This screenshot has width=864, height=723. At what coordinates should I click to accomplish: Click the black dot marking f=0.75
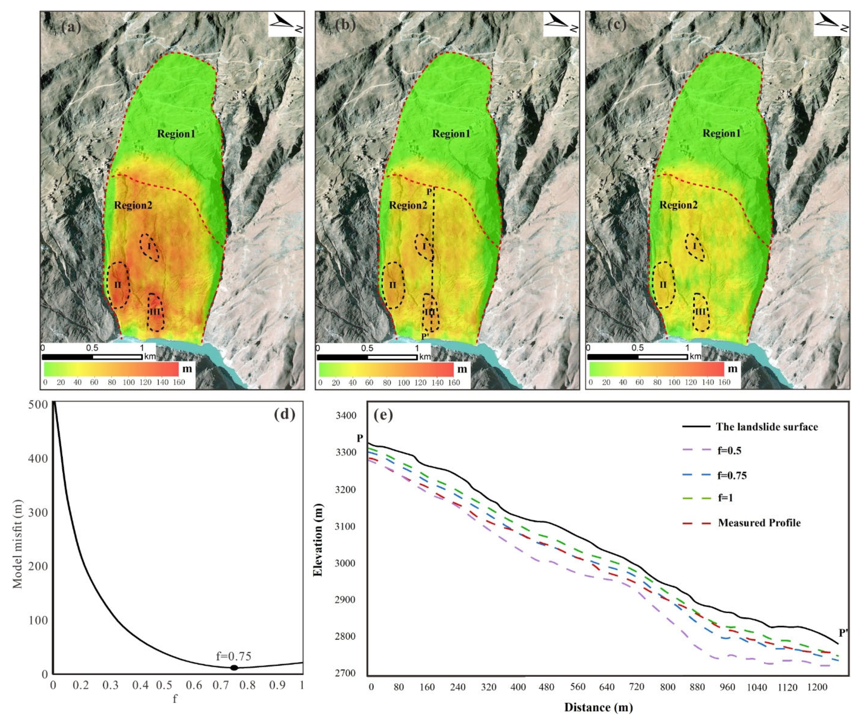point(234,667)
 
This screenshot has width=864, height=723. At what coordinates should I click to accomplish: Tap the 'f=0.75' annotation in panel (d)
point(233,656)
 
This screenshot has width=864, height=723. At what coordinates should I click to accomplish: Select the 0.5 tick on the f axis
point(165,685)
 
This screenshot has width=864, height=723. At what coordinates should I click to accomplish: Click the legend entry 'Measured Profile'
point(759,523)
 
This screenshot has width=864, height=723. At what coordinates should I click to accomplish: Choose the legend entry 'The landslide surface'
point(766,427)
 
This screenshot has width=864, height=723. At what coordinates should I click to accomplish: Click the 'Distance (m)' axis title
point(598,707)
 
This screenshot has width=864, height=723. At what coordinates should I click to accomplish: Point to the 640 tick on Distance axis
point(606,687)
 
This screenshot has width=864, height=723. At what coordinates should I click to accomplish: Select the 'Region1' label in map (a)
point(176,134)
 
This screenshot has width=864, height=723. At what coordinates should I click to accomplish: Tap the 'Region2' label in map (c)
point(679,205)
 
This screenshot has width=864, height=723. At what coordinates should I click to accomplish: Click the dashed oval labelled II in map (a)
point(118,285)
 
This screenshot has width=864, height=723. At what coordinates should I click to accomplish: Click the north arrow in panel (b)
point(561,24)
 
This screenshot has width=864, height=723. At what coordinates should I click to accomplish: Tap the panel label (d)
point(284,414)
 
